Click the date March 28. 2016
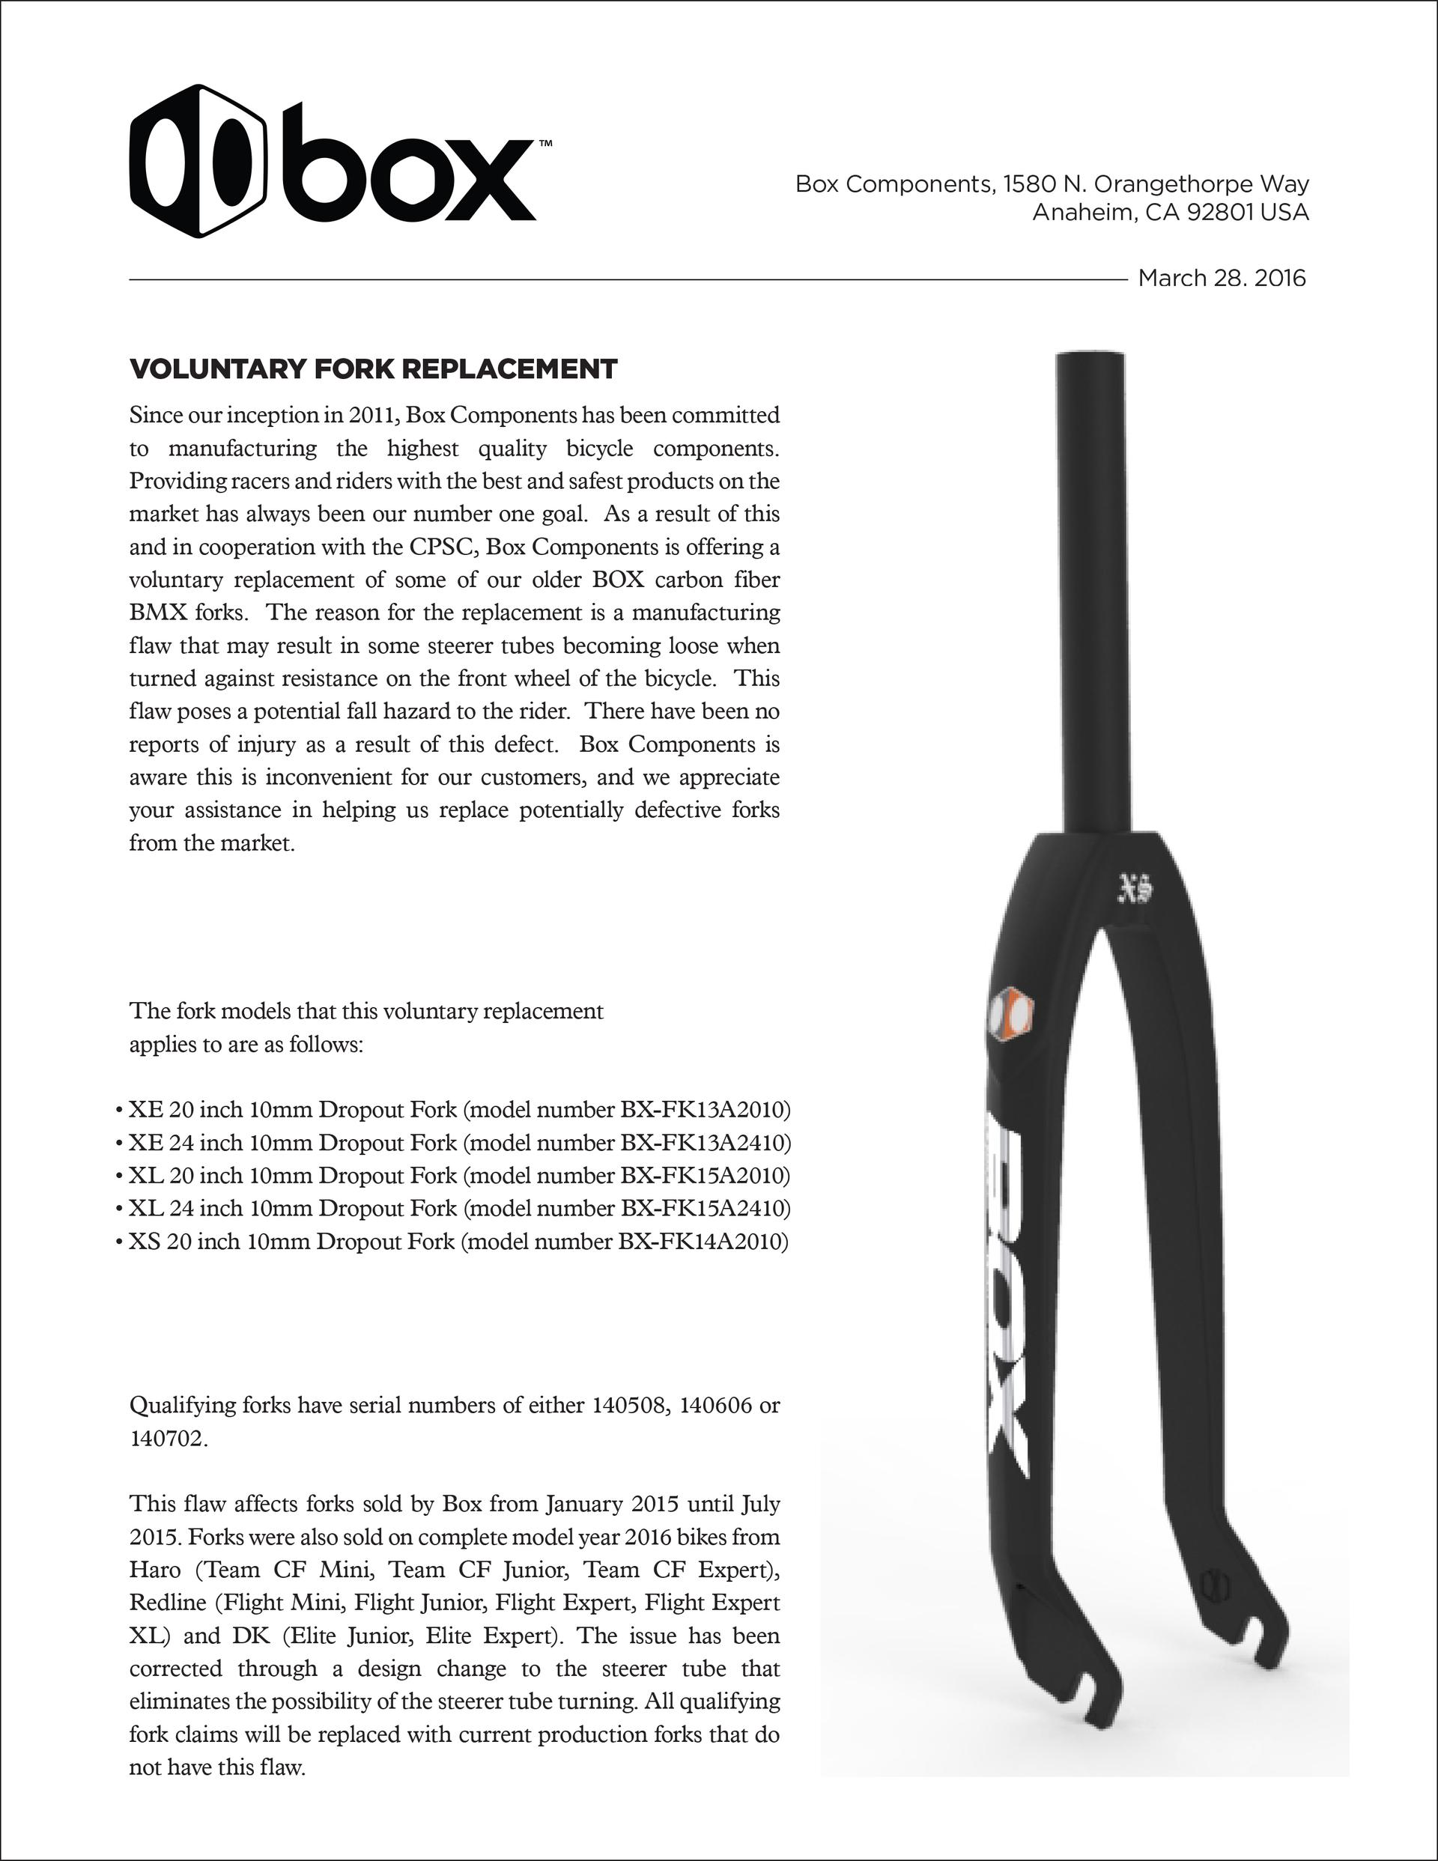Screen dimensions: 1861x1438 pyautogui.click(x=1222, y=279)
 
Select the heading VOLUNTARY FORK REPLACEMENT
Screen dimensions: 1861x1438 pyautogui.click(x=373, y=370)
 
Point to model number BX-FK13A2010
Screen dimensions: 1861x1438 pyautogui.click(x=704, y=1111)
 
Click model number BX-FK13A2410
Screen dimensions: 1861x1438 pyautogui.click(x=704, y=1143)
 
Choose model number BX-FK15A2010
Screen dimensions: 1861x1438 pyautogui.click(x=704, y=1176)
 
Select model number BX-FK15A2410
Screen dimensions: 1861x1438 pyautogui.click(x=704, y=1208)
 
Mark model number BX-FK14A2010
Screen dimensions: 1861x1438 pyautogui.click(x=703, y=1242)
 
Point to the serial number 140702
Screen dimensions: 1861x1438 pyautogui.click(x=167, y=1439)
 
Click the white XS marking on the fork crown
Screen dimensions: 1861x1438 pyautogui.click(x=1135, y=890)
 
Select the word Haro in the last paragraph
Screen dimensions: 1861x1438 pyautogui.click(x=154, y=1570)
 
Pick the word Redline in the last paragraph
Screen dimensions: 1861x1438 pyautogui.click(x=167, y=1603)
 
